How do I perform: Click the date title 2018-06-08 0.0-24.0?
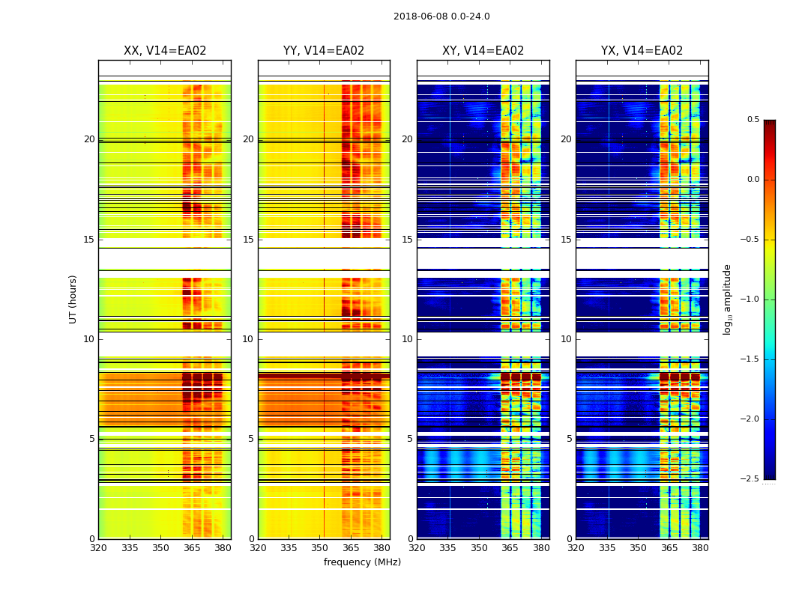coord(441,16)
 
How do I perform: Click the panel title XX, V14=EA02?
coord(165,51)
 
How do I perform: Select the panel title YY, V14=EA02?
coord(324,51)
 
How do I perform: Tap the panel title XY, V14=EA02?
coord(483,51)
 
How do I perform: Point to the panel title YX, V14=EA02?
coord(642,51)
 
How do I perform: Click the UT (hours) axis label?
coord(73,299)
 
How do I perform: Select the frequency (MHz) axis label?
coord(362,562)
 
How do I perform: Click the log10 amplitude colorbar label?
coord(727,299)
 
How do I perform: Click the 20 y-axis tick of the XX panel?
coord(89,139)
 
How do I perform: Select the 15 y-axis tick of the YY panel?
coord(249,240)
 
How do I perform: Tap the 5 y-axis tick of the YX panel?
coord(569,439)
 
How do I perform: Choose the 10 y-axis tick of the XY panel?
coord(408,339)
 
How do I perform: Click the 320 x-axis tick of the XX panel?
coord(98,548)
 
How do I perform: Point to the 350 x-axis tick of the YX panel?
coord(638,548)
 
